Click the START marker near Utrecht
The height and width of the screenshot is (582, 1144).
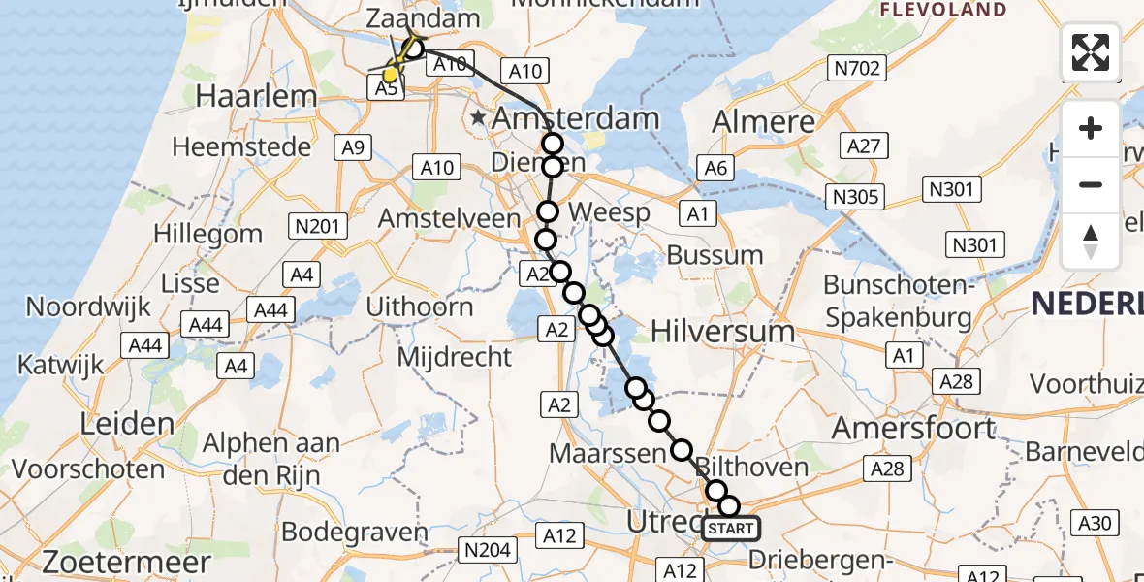point(730,529)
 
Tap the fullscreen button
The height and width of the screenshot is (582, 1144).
point(1091,52)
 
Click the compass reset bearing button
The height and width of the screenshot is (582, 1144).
point(1091,241)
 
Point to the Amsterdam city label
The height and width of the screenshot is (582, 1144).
point(576,119)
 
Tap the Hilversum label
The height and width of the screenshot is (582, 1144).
point(722,331)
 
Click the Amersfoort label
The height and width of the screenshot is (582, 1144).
point(928,428)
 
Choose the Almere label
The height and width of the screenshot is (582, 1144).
point(764,121)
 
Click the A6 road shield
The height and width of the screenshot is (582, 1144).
point(715,168)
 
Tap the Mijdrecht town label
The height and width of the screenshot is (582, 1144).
point(455,356)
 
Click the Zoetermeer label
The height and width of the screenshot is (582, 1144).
point(127,562)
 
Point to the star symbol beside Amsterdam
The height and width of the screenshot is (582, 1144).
point(478,119)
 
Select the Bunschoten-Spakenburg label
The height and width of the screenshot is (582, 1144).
point(897,302)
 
